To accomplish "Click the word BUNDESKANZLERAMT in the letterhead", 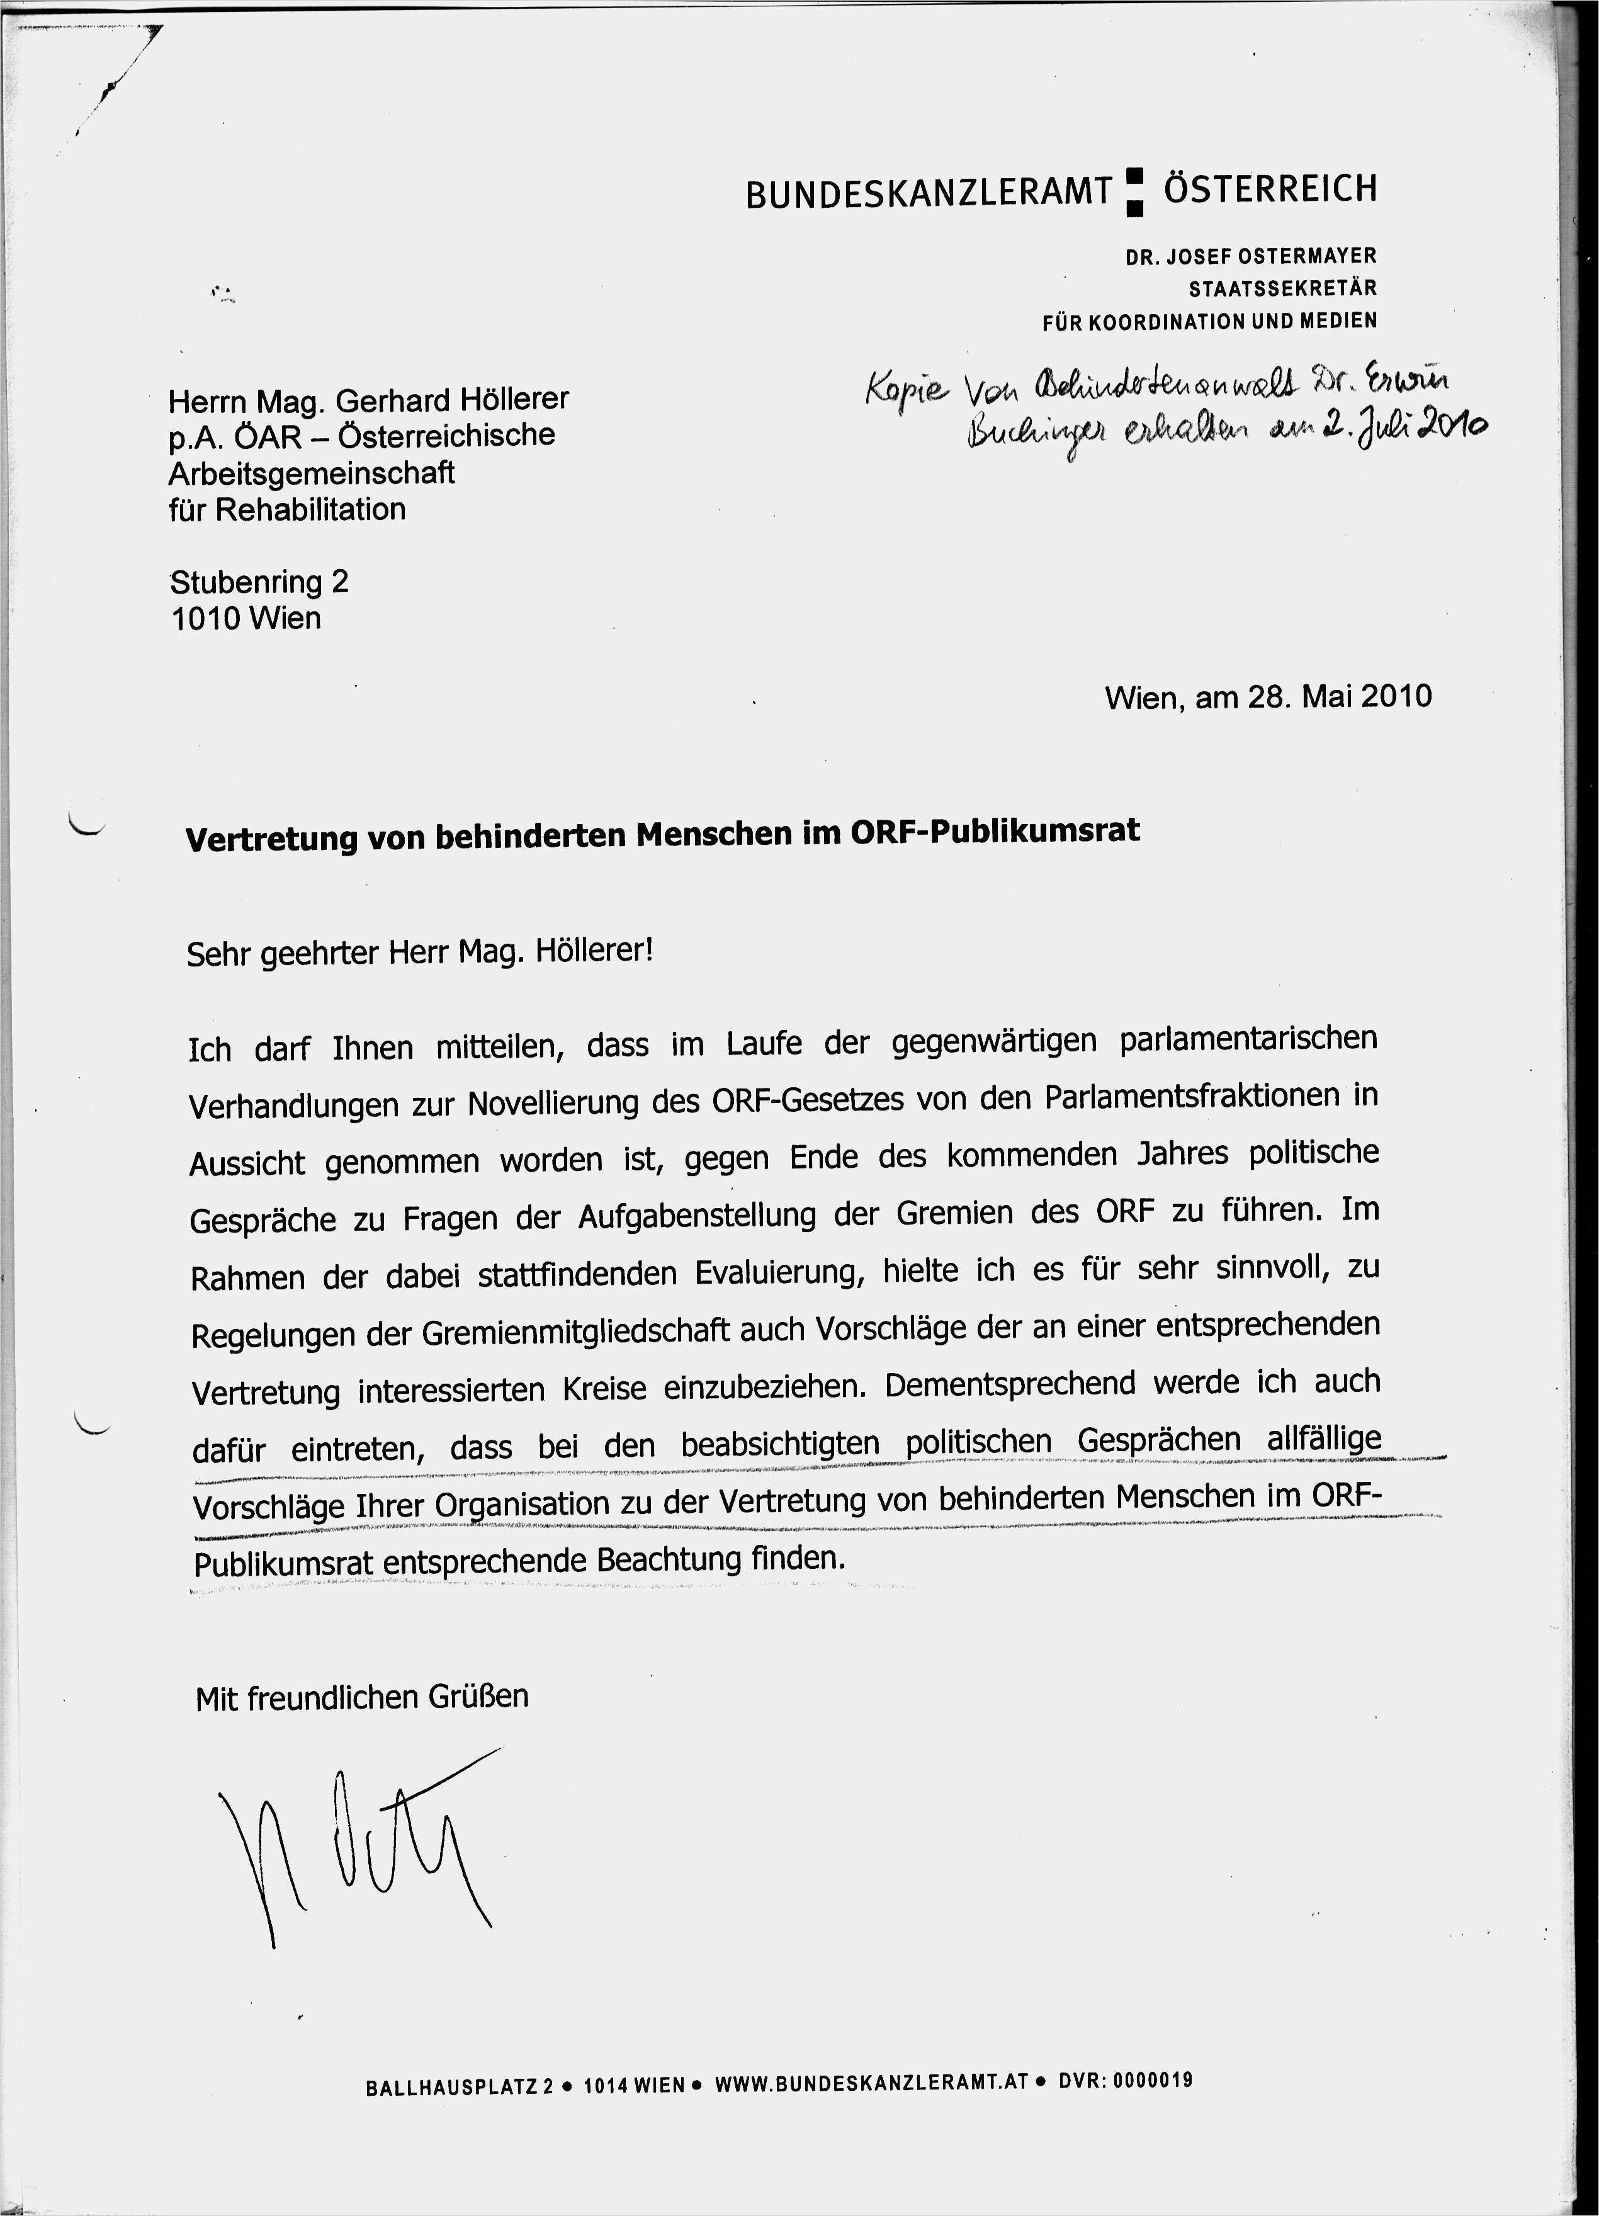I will (x=928, y=193).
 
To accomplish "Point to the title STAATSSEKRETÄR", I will (x=1282, y=289).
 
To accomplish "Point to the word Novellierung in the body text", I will (x=576, y=1103).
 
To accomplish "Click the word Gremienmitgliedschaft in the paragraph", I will (x=576, y=1331).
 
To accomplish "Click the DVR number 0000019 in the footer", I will (x=1153, y=2080).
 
